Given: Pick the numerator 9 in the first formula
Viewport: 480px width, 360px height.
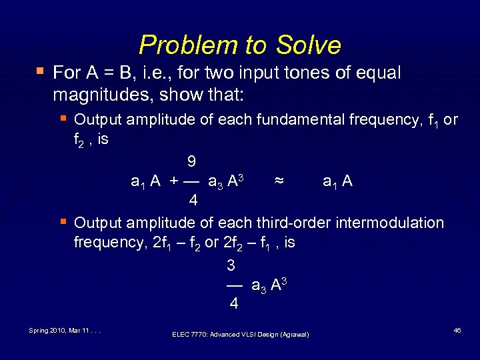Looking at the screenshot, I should [191, 161].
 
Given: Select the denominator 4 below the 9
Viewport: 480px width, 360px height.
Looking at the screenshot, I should [192, 200].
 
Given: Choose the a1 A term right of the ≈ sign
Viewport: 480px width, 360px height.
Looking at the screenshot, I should [337, 181].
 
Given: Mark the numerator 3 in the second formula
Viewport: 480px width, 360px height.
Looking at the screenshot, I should [231, 265].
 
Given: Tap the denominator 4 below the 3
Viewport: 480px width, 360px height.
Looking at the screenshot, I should [233, 304].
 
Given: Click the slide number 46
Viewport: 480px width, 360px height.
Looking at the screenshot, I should [457, 330].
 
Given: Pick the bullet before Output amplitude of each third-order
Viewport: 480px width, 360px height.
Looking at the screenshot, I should [63, 221].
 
